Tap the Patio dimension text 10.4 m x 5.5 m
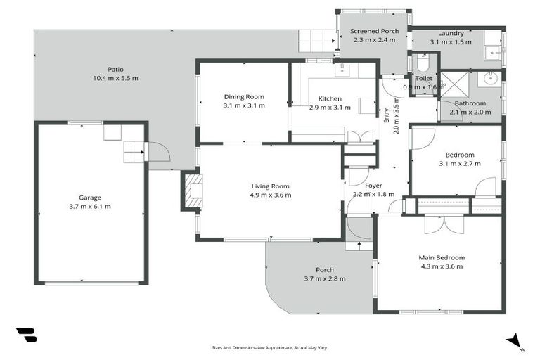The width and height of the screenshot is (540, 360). [115, 78]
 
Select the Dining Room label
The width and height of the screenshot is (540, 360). [244, 96]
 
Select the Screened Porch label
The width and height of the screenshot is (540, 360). [374, 31]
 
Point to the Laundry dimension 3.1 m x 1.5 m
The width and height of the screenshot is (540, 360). [451, 42]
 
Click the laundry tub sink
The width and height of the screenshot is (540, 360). [493, 52]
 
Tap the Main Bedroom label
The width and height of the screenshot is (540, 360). [442, 257]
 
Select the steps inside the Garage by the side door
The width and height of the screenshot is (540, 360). [133, 151]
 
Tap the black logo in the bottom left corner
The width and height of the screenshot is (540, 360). [26, 335]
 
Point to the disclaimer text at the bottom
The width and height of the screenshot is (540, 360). [270, 347]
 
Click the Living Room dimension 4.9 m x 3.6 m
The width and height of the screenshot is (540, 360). [271, 195]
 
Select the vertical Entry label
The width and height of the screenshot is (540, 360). [386, 116]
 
